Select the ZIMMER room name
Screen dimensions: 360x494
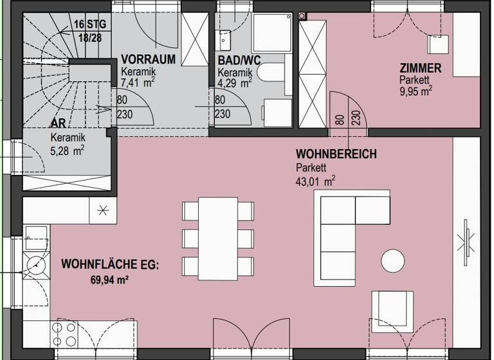[x=420, y=68]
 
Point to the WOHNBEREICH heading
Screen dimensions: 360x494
[x=336, y=155]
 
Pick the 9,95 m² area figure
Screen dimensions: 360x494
[x=415, y=90]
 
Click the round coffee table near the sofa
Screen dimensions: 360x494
[x=393, y=260]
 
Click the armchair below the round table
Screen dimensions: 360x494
[x=393, y=310]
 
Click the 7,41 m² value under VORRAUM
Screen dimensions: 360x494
[x=137, y=82]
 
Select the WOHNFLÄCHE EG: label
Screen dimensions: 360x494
[x=109, y=264]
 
